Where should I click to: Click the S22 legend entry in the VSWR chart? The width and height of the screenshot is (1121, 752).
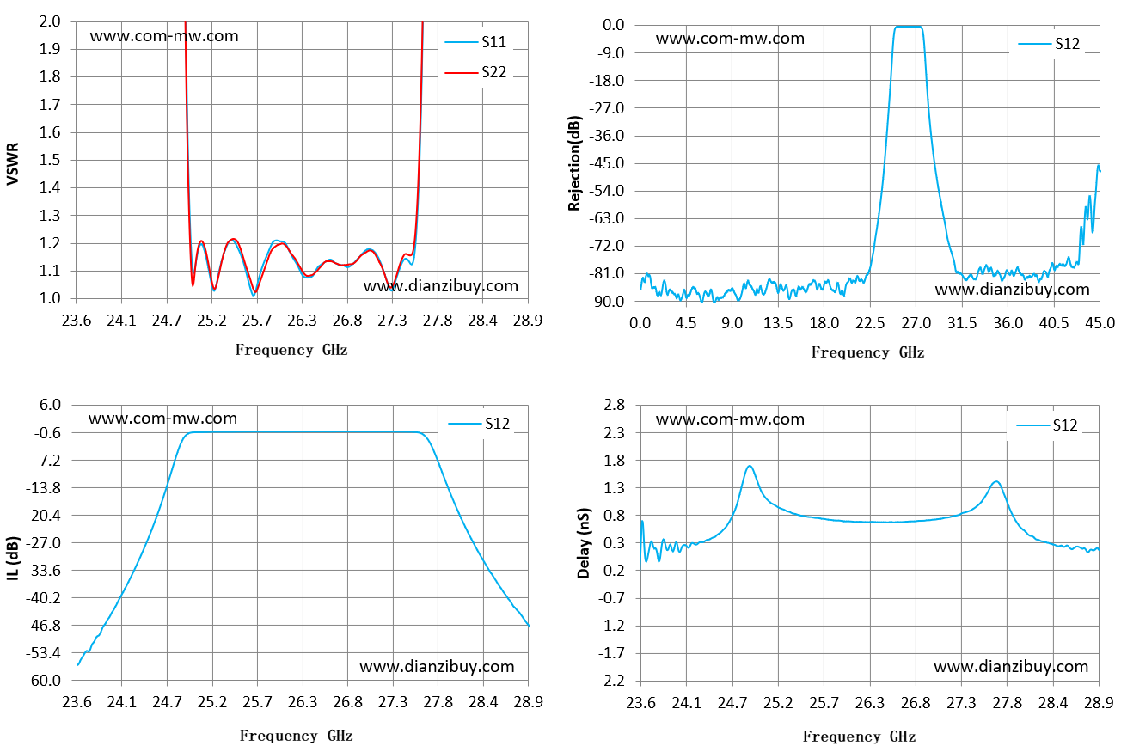pos(476,72)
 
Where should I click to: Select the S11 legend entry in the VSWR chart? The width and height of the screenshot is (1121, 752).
pos(476,42)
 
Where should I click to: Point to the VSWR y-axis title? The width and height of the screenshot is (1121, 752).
pos(13,163)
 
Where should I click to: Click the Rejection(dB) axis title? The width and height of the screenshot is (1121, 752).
pos(574,163)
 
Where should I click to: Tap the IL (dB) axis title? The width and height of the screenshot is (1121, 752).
pos(13,559)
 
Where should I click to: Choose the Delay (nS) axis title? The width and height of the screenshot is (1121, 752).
pos(584,544)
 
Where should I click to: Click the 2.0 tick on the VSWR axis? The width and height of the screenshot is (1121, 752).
pos(50,21)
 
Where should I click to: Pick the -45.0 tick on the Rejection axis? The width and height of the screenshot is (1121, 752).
pos(607,163)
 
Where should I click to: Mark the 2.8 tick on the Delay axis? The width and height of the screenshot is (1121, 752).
pos(614,404)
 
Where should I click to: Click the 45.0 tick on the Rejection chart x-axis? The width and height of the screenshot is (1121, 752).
pos(1100,323)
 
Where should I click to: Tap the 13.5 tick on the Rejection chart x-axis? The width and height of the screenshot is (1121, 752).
pos(778,323)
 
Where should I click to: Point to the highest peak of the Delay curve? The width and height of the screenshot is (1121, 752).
pos(749,467)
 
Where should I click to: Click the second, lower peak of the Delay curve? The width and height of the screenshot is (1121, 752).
pos(995,482)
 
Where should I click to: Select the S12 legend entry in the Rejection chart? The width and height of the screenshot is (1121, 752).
pos(1049,44)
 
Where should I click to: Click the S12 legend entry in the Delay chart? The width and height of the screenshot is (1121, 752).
pos(1047,425)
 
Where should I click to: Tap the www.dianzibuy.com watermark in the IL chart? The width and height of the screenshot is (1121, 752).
pos(437,667)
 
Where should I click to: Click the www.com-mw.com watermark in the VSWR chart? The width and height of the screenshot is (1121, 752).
pos(164,36)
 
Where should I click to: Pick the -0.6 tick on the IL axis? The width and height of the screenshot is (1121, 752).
pos(47,433)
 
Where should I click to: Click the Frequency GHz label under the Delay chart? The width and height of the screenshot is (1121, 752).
pos(860,737)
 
